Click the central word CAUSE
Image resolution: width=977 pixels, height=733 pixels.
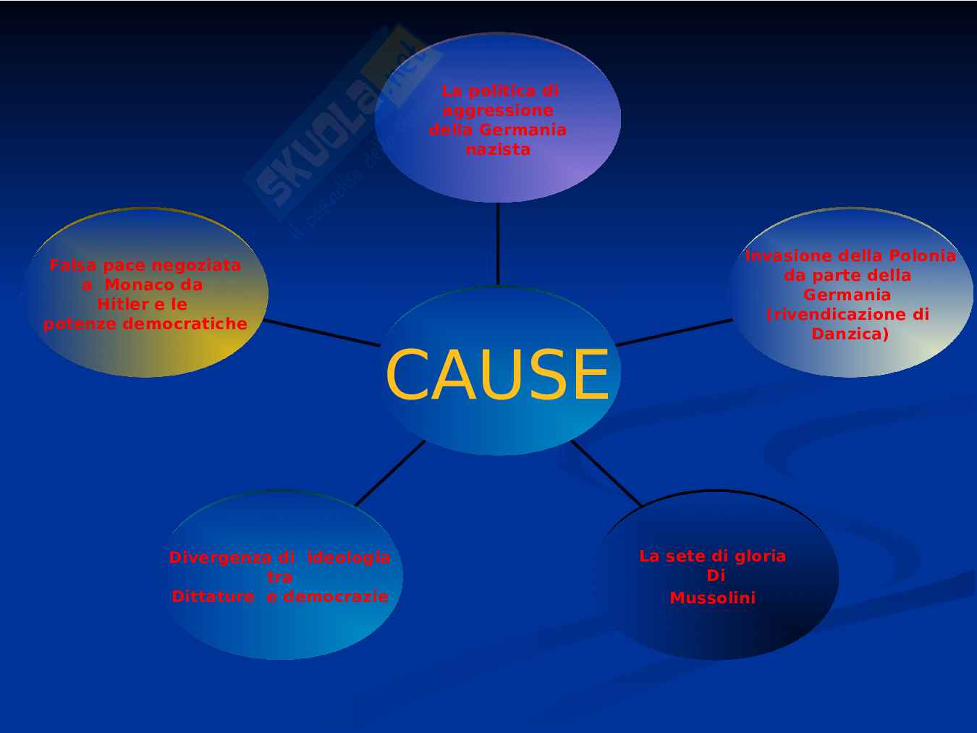(497, 375)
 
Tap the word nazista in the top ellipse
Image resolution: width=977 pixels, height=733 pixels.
(498, 149)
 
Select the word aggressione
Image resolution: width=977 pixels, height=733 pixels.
(498, 111)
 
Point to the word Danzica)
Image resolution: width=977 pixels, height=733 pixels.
(850, 334)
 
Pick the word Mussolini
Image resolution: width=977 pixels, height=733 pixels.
(712, 598)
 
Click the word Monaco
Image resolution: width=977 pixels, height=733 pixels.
(153, 285)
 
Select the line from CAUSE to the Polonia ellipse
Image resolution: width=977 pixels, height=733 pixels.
(673, 332)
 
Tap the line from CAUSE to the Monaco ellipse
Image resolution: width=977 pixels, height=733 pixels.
(322, 333)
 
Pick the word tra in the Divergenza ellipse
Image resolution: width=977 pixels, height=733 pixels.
(279, 577)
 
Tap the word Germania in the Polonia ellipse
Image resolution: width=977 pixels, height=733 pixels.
(847, 295)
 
